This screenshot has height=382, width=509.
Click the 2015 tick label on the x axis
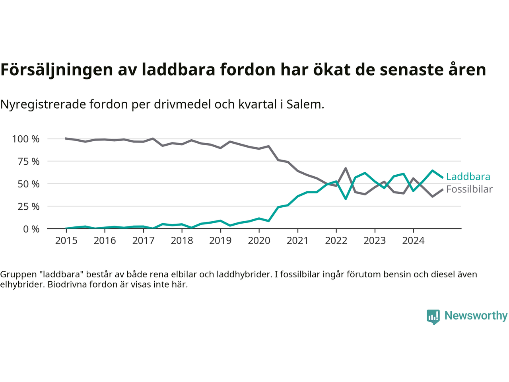click(x=66, y=241)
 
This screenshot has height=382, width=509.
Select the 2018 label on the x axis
click(x=182, y=241)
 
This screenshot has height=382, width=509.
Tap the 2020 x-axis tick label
click(x=259, y=241)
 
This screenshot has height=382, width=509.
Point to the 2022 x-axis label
click(x=336, y=241)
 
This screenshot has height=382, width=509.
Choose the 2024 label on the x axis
click(x=413, y=241)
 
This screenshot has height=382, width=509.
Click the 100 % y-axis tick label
click(x=26, y=139)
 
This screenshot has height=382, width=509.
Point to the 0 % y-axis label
click(x=31, y=229)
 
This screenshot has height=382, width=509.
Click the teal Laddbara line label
click(x=468, y=177)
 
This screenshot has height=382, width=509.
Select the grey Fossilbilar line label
click(x=469, y=189)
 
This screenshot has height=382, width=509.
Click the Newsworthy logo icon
click(x=433, y=317)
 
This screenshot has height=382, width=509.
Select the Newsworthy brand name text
click(x=476, y=316)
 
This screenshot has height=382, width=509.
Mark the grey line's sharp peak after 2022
click(x=346, y=168)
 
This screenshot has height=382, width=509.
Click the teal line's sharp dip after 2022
click(x=346, y=199)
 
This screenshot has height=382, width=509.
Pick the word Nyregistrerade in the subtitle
click(x=43, y=105)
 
